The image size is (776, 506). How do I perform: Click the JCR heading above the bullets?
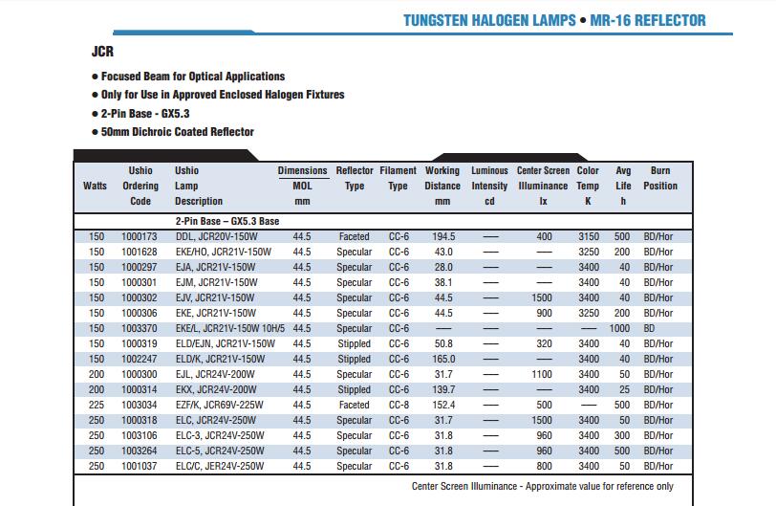click(x=102, y=52)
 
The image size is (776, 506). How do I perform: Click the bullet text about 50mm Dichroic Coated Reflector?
click(x=177, y=132)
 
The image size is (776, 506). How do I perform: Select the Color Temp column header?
click(x=588, y=186)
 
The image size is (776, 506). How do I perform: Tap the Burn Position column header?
click(x=660, y=178)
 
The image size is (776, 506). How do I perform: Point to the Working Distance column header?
click(x=442, y=186)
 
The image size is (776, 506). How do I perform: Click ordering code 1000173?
click(x=140, y=236)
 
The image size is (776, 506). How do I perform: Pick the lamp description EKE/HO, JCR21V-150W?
click(x=224, y=252)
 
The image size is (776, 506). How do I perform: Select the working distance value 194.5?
click(x=443, y=236)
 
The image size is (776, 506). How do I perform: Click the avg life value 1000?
click(x=619, y=329)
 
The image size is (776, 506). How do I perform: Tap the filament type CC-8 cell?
click(x=399, y=405)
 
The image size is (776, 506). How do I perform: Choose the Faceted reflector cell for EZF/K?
click(x=354, y=405)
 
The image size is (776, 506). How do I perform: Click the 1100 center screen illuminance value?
click(x=542, y=375)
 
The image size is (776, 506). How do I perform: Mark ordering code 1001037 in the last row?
click(x=140, y=467)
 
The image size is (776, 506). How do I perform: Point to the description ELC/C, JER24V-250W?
click(x=220, y=467)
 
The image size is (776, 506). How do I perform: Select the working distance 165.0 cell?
click(x=443, y=360)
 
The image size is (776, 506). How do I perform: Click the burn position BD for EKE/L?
click(x=649, y=329)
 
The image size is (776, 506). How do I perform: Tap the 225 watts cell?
click(x=97, y=405)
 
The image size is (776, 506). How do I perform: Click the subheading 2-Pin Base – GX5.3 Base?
click(x=227, y=221)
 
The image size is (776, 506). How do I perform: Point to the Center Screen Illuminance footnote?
click(x=543, y=486)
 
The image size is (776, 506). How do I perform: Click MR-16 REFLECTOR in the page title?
click(x=648, y=20)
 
